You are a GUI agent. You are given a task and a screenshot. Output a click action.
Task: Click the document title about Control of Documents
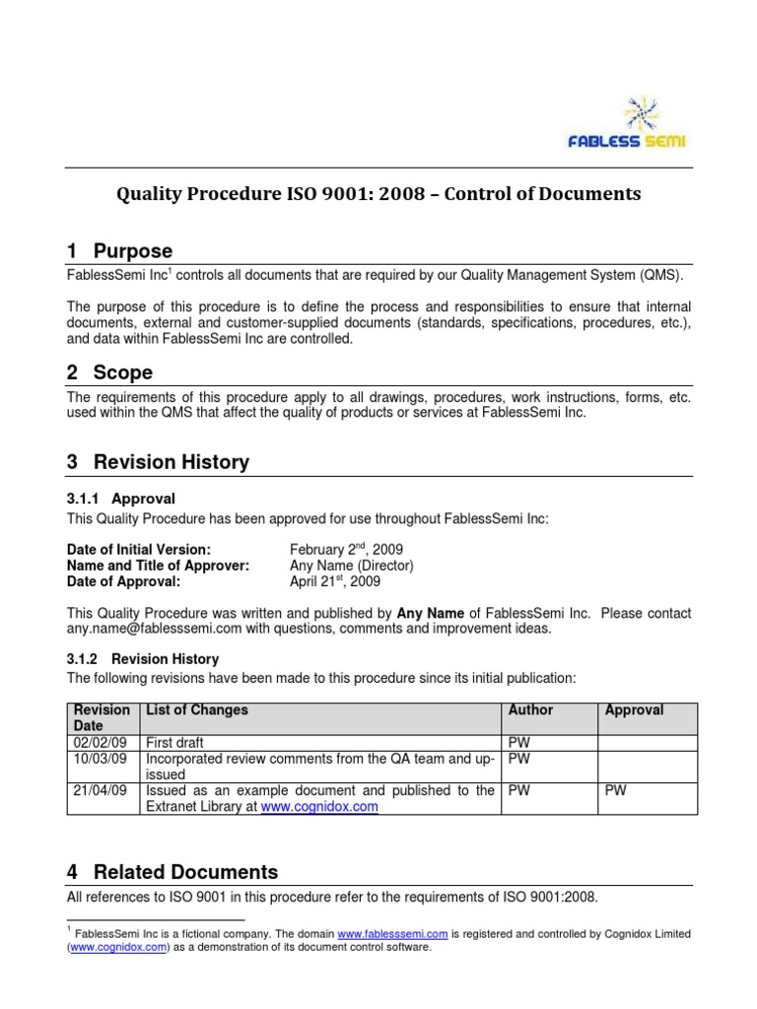click(378, 194)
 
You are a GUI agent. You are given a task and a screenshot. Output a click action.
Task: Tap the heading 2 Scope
click(109, 372)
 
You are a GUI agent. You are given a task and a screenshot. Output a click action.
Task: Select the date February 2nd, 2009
click(346, 549)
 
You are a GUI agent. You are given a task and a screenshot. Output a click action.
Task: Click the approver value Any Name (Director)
click(351, 566)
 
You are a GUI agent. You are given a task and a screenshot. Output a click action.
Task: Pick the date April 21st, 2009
click(334, 581)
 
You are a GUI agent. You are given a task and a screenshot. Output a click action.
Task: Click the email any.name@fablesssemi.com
click(158, 629)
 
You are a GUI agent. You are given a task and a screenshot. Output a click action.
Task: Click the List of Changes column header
click(197, 709)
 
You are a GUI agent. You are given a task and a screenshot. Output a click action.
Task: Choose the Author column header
click(530, 709)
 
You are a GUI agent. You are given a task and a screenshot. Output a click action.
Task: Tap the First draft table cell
click(174, 742)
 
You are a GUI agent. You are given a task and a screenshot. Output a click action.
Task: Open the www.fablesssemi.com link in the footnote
click(392, 933)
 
